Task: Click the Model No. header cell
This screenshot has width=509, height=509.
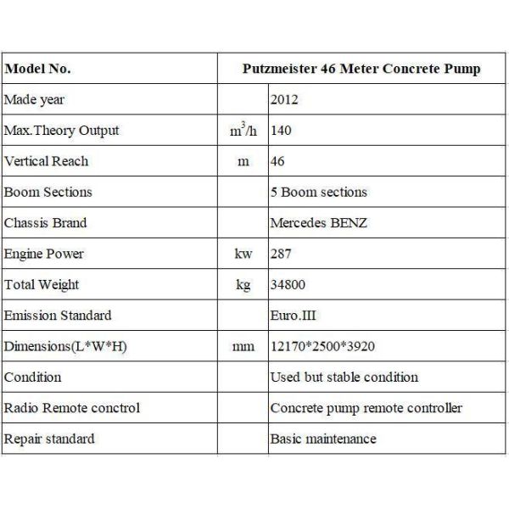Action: pyautogui.click(x=38, y=69)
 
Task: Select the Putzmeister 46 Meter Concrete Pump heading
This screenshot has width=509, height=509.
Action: pyautogui.click(x=361, y=69)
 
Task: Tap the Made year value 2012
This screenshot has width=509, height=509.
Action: pyautogui.click(x=284, y=100)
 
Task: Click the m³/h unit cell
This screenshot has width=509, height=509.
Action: pyautogui.click(x=243, y=131)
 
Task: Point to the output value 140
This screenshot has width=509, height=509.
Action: pyautogui.click(x=281, y=131)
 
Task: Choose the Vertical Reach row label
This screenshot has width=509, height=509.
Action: pyautogui.click(x=46, y=161)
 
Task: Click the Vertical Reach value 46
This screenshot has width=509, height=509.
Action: pyautogui.click(x=277, y=161)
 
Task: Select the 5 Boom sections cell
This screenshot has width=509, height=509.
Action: pyautogui.click(x=317, y=193)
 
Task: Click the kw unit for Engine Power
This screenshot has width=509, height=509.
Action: pyautogui.click(x=243, y=254)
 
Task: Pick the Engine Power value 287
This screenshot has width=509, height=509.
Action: pyautogui.click(x=281, y=254)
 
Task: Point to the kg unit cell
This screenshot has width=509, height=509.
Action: pyautogui.click(x=243, y=285)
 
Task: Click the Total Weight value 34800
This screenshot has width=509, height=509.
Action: pyautogui.click(x=288, y=285)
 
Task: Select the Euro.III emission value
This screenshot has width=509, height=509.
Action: pyautogui.click(x=294, y=316)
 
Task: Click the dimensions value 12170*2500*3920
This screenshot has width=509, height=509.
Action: pyautogui.click(x=322, y=346)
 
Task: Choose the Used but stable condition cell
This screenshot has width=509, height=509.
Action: pyautogui.click(x=344, y=377)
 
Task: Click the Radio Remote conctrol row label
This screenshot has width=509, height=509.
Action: pyautogui.click(x=72, y=408)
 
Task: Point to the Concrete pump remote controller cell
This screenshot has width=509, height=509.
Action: pyautogui.click(x=366, y=408)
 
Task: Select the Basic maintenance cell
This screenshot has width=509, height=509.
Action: pyautogui.click(x=323, y=439)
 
